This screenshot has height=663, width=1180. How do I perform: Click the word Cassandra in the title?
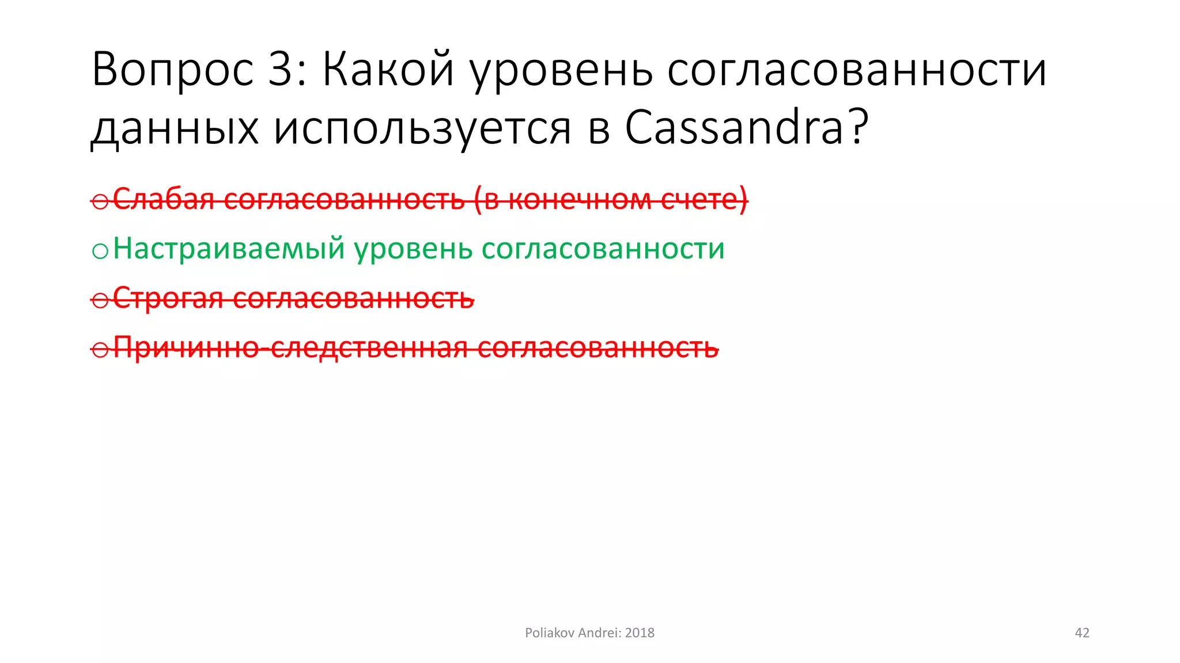point(735,127)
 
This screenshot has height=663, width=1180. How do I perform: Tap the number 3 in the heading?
point(281,70)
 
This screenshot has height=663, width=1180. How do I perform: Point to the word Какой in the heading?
point(388,70)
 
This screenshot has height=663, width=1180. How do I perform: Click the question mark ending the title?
point(858,127)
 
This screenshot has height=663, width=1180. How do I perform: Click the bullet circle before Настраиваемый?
point(100,251)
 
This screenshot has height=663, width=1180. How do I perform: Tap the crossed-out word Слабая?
point(164,200)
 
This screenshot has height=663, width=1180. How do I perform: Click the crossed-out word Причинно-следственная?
point(291,348)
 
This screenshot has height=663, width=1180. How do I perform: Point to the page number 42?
point(1082,633)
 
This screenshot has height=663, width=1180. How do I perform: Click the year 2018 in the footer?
point(640,633)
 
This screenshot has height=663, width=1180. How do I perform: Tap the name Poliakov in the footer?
point(549,633)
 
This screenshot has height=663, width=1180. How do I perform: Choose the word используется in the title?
point(422,127)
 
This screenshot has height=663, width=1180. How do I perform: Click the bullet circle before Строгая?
point(100,300)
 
